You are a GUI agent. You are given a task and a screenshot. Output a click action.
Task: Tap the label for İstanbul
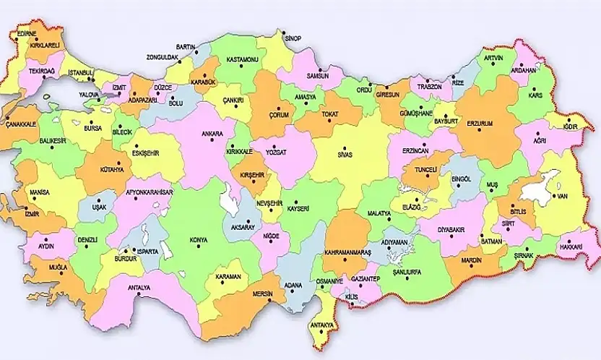click(80, 73)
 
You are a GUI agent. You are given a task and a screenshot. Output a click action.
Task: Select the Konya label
click(198, 240)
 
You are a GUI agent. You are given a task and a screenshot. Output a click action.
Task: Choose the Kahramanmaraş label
click(352, 252)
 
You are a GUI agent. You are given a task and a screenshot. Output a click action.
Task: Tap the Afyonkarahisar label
click(150, 192)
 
